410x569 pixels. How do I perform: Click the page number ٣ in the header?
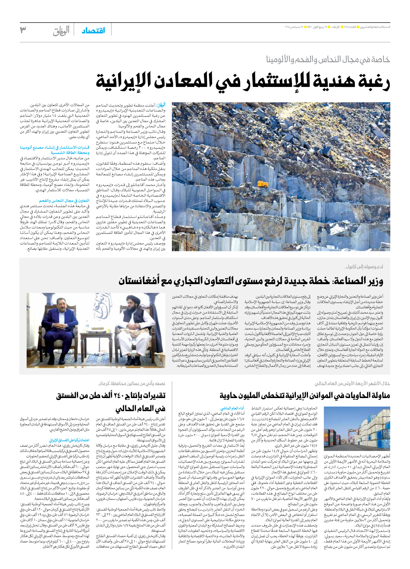coord(23,30)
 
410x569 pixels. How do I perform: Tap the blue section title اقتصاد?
coord(93,31)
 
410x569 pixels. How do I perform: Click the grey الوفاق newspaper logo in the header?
coord(61,31)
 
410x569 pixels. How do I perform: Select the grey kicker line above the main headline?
coord(328,59)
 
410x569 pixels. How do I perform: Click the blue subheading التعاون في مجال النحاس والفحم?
coord(64,201)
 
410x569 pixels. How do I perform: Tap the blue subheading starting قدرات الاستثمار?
coord(54,150)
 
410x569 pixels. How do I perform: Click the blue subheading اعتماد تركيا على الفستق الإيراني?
coord(69,440)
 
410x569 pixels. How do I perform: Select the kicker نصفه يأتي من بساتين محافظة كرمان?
coord(132,383)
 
